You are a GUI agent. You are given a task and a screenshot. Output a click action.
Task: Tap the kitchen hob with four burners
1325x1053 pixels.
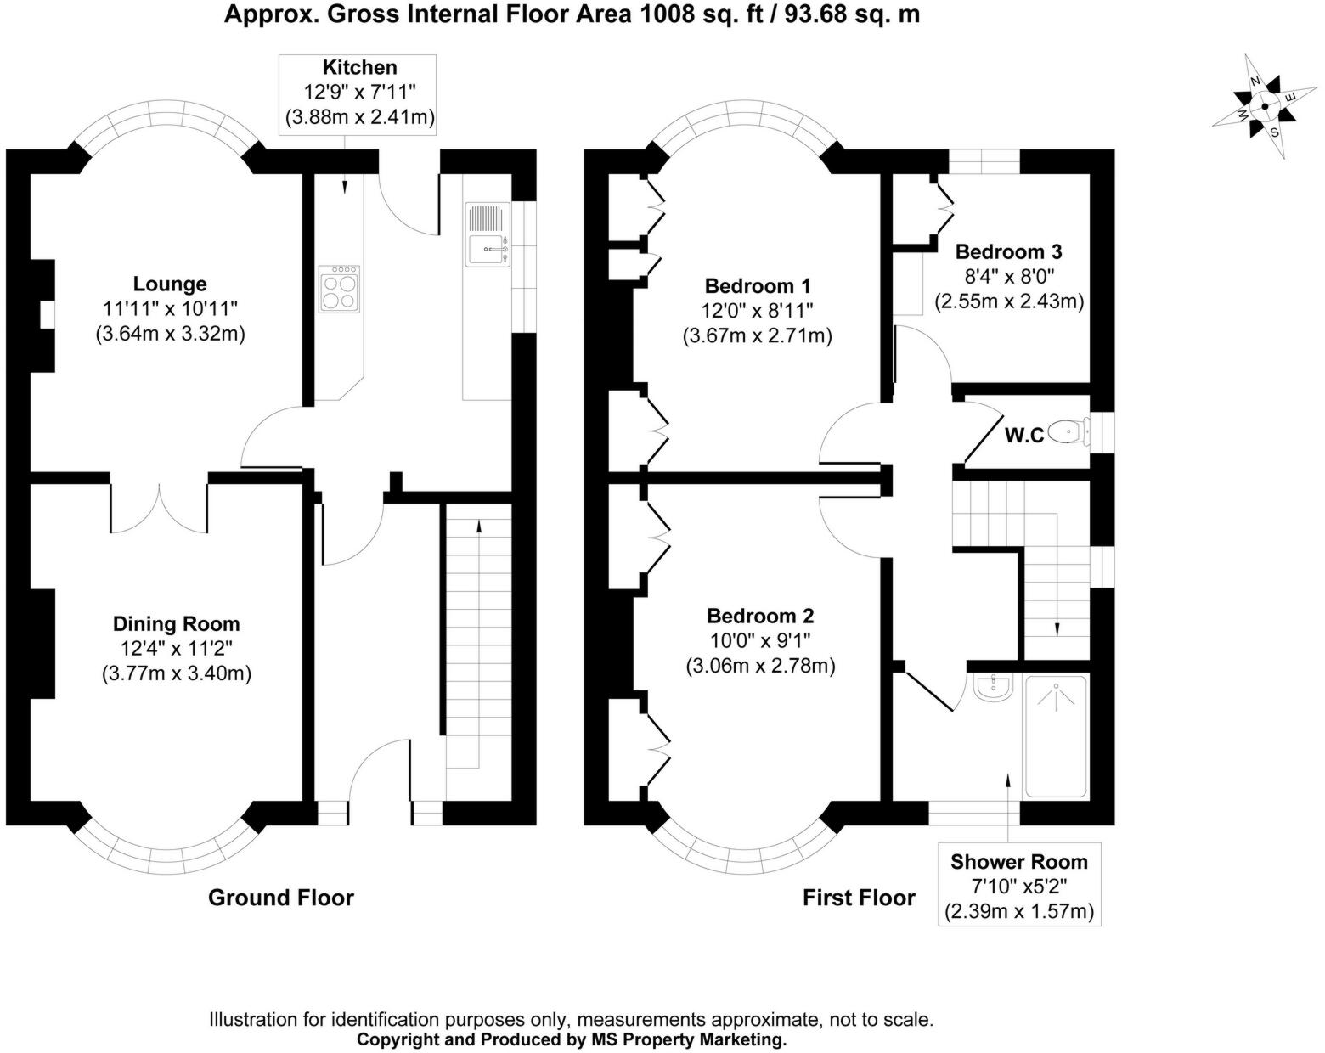[339, 289]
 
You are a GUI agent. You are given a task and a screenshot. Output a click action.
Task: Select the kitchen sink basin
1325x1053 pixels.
[488, 250]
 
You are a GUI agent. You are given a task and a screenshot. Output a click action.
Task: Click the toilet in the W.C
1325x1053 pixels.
[1068, 431]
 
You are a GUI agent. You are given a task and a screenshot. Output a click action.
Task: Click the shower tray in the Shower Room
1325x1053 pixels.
[1056, 736]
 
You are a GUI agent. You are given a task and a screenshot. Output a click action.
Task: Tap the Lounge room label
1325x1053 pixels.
[170, 284]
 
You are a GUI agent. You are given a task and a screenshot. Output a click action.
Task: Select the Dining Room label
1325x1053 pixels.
[176, 624]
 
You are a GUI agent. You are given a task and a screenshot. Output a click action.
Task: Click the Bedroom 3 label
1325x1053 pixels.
[1008, 251]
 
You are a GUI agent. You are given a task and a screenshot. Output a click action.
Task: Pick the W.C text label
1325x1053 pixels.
[1024, 436]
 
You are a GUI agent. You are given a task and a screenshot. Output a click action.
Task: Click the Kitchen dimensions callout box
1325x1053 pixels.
[358, 94]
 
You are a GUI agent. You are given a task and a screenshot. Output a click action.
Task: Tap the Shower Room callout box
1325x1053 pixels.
[1019, 884]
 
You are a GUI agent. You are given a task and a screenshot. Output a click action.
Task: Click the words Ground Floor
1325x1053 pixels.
[281, 898]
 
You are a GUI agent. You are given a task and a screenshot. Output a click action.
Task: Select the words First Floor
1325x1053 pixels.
[859, 898]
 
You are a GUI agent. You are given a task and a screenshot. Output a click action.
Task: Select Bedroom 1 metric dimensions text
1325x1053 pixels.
[758, 336]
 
